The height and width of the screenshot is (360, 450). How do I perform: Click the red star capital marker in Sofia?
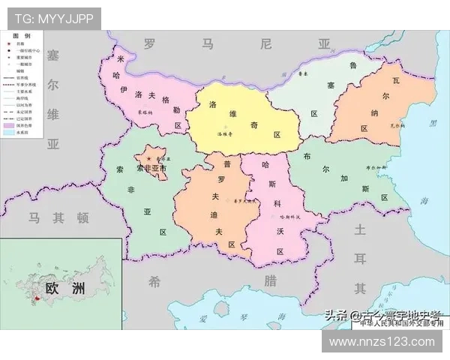tap(149, 160)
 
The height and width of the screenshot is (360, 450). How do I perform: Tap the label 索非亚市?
tap(151, 169)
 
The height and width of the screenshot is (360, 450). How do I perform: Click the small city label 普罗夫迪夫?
tap(244, 201)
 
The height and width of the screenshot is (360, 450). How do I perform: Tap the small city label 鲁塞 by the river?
tap(303, 75)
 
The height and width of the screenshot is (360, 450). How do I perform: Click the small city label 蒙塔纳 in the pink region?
tap(145, 112)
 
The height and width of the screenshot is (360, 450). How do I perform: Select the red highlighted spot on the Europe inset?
tap(34, 301)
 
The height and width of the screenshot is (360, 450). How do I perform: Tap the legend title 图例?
tap(22, 36)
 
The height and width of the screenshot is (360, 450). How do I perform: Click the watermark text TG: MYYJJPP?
tap(55, 19)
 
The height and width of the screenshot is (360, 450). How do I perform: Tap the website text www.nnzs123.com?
tap(382, 341)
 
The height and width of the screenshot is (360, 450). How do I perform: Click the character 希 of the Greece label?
tap(154, 281)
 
